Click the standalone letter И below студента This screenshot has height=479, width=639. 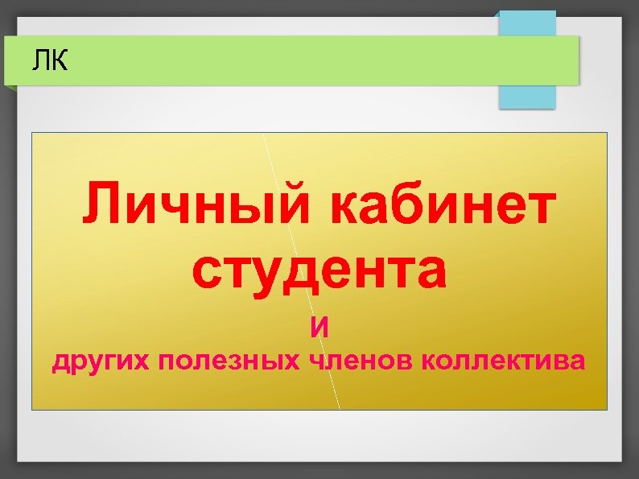tap(320, 328)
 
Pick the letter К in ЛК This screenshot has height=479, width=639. tap(60, 60)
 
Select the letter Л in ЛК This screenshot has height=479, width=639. tap(42, 60)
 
